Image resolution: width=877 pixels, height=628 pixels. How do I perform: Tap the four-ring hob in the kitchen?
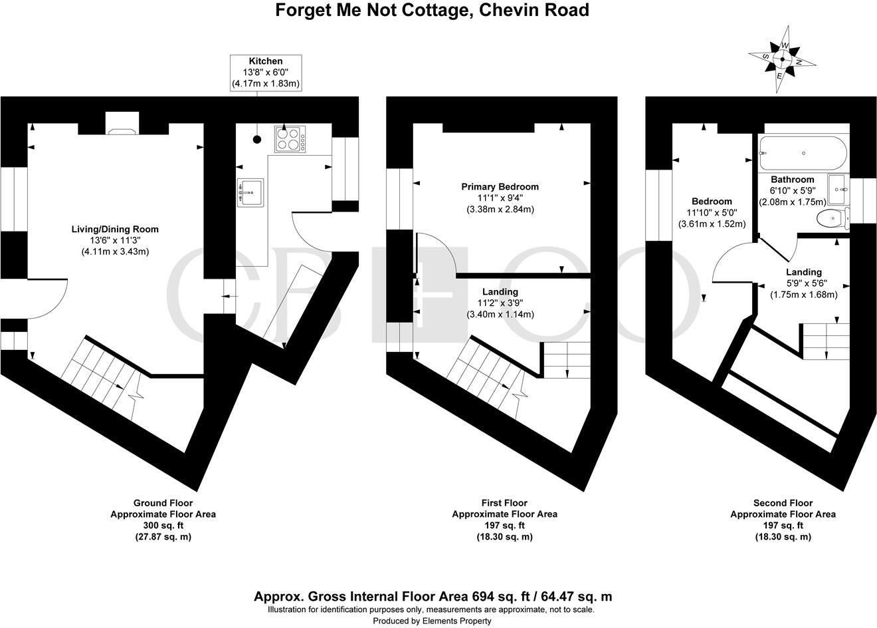click(x=290, y=139)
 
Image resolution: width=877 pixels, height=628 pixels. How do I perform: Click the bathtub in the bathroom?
click(x=803, y=153)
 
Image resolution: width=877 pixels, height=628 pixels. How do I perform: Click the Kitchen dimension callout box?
click(x=266, y=73)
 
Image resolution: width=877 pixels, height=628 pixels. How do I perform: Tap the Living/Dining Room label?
click(x=115, y=229)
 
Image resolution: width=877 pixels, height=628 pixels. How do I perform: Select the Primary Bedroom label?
click(x=500, y=187)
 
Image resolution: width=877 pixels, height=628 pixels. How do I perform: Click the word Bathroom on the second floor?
click(x=792, y=180)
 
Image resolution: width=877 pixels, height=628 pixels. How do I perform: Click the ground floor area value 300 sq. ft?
click(x=163, y=526)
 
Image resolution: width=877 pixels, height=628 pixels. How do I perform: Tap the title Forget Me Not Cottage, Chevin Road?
click(x=433, y=11)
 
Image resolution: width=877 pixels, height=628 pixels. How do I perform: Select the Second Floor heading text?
click(x=783, y=503)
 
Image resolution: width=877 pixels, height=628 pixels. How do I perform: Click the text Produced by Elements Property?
click(x=432, y=621)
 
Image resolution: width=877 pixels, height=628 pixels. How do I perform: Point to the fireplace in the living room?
click(x=122, y=124)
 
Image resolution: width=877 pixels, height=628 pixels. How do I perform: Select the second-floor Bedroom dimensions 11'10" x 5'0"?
click(x=712, y=213)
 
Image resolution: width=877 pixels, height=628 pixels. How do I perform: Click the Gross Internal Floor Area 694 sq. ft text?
click(x=433, y=597)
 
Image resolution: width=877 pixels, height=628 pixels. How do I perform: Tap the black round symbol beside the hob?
click(x=256, y=140)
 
